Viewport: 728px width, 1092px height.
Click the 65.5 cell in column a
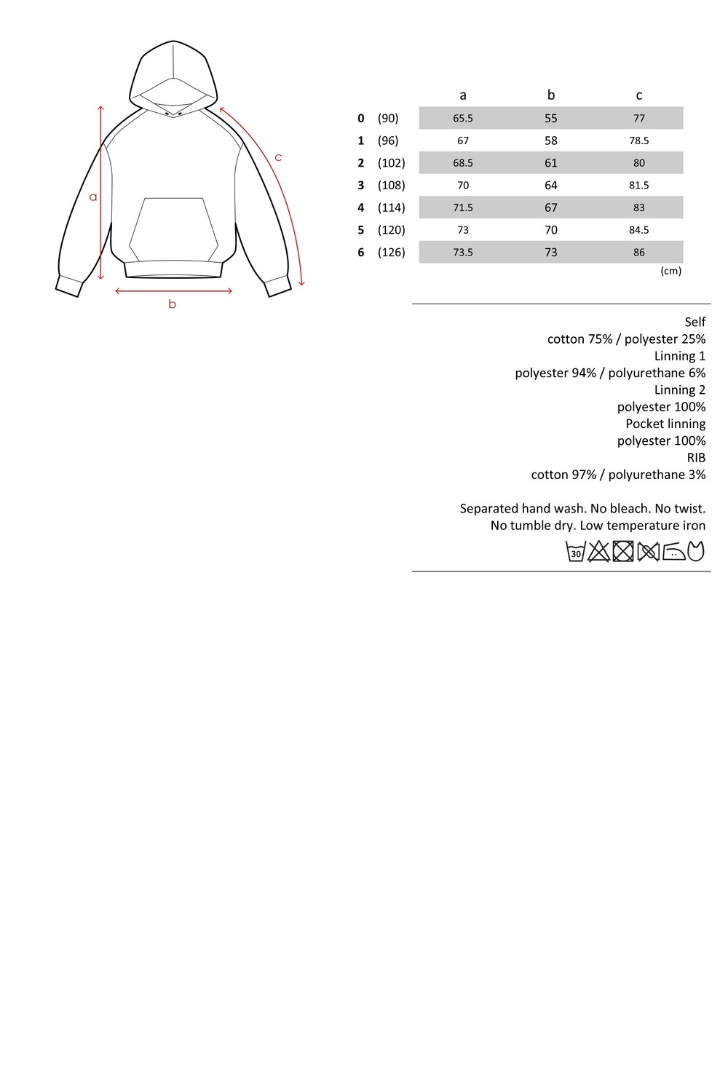pos(463,118)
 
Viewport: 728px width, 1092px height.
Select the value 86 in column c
pos(639,252)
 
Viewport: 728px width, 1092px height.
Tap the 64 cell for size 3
pos(551,185)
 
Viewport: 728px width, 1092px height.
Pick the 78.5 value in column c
pos(639,141)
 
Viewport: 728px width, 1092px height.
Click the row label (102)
pos(391,162)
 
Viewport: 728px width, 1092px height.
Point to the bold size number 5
pos(360,230)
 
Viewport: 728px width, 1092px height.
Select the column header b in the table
pos(551,95)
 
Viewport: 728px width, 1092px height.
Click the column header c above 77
pos(639,95)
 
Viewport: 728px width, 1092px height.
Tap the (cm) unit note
pos(670,271)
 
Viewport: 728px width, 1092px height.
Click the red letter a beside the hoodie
pos(93,197)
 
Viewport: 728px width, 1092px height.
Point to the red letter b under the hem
pos(173,304)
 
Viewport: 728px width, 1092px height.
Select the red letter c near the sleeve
pos(278,157)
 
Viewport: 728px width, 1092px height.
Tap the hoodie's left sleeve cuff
pos(68,285)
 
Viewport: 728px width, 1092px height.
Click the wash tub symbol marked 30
pos(576,552)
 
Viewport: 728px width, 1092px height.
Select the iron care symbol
pos(674,552)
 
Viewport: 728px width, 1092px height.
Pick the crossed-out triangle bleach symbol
pos(599,552)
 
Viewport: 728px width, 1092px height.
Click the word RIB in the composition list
pos(696,457)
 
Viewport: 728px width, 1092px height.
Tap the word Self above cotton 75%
pos(695,322)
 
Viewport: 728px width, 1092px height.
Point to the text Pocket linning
pos(665,424)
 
